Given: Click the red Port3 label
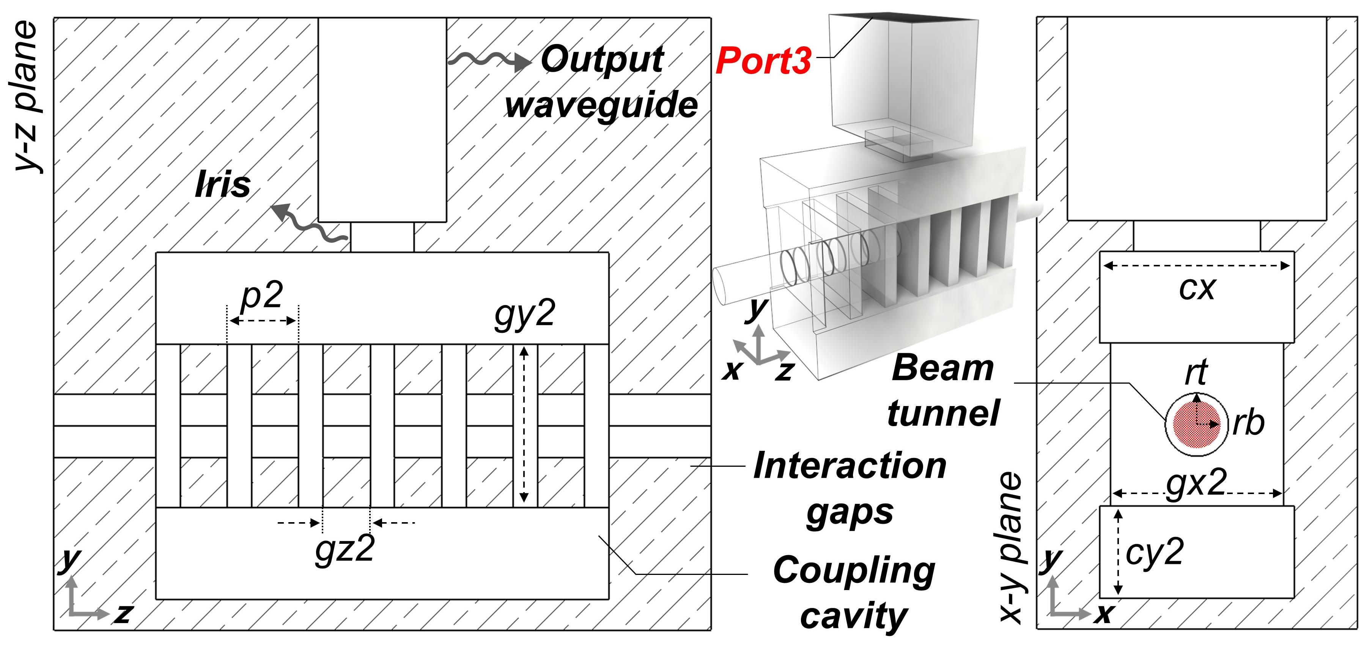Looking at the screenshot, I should (763, 61).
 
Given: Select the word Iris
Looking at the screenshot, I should (223, 185).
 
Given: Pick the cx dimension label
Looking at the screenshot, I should (1197, 289).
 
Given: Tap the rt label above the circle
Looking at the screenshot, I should (1196, 372).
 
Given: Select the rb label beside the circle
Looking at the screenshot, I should (1248, 424).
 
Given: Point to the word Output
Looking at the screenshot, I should (602, 60).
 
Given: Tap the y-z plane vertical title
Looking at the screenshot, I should (25, 96).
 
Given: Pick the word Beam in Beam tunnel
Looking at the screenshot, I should (942, 368).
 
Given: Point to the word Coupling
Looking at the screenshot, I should (854, 571).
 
